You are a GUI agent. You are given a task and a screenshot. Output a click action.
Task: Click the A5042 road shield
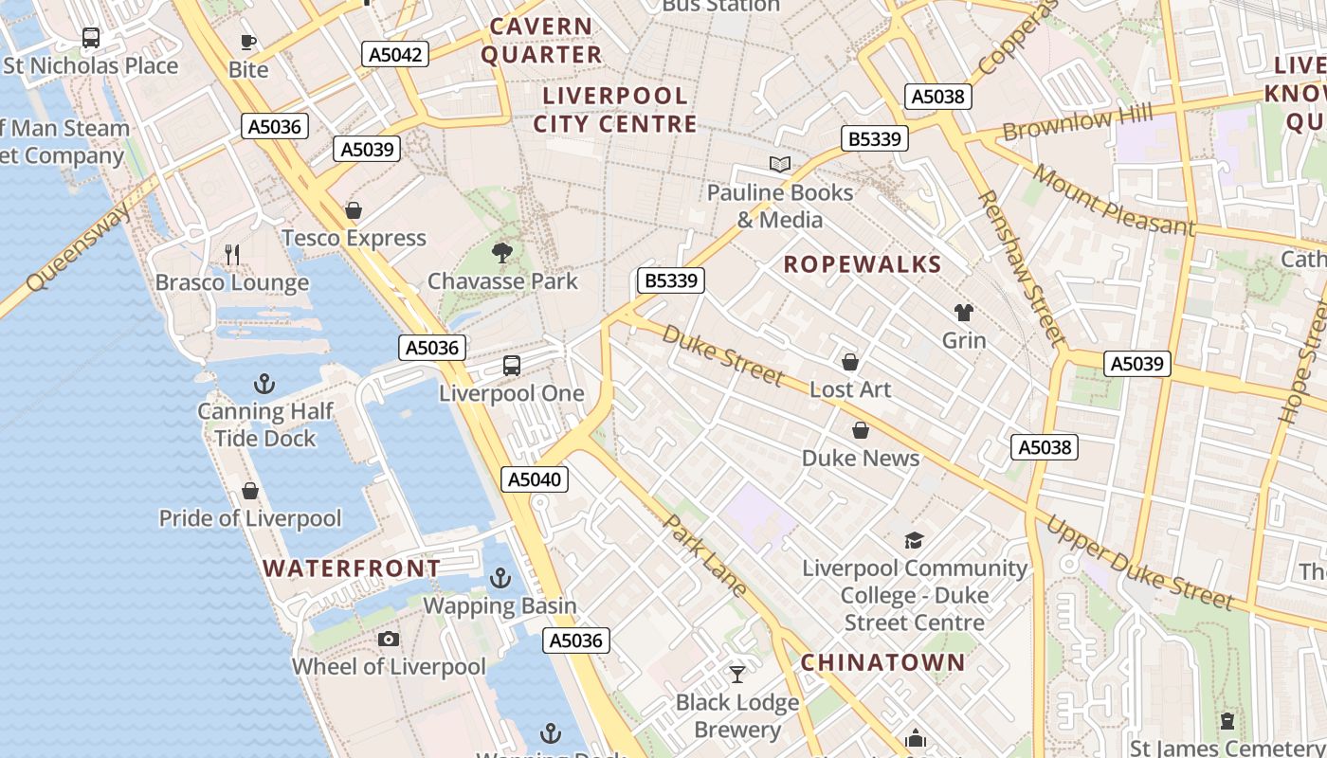tap(395, 54)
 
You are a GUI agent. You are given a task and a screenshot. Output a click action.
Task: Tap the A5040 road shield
tap(535, 479)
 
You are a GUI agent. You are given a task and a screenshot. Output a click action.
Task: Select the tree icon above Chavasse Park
tap(502, 253)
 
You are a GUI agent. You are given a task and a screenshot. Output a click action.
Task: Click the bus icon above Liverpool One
tap(512, 366)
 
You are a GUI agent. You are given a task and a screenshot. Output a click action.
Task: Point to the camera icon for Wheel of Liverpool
tap(389, 640)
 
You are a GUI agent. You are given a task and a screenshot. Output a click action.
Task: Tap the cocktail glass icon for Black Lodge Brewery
tap(737, 675)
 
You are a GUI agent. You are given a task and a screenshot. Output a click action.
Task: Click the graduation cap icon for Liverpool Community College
tap(914, 540)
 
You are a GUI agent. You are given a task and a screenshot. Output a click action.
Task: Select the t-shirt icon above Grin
tap(964, 313)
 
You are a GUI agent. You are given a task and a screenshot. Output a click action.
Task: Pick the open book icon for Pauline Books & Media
tap(780, 165)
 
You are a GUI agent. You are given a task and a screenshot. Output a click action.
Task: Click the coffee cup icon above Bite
tap(248, 42)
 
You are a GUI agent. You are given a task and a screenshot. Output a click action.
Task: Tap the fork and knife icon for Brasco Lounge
tap(232, 254)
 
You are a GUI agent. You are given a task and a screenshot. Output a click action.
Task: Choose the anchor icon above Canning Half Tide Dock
tap(264, 384)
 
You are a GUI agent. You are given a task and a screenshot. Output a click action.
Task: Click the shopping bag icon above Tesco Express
tap(354, 210)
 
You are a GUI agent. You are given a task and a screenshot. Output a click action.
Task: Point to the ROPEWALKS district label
tap(863, 265)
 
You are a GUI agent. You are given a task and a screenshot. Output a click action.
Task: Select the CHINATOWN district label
tap(882, 662)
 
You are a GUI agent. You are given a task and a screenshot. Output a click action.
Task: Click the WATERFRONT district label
tap(352, 568)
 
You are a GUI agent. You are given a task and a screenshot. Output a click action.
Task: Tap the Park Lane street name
tap(705, 556)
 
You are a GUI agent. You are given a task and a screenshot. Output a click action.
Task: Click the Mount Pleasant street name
tap(1113, 200)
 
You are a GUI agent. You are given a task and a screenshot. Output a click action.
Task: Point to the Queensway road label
tap(81, 248)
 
